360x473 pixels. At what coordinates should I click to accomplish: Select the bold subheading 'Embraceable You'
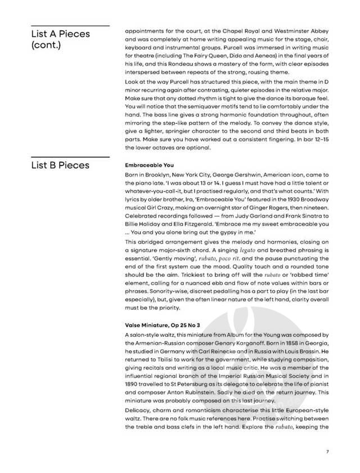click(x=149, y=166)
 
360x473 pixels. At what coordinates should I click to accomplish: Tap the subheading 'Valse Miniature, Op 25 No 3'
click(x=162, y=326)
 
